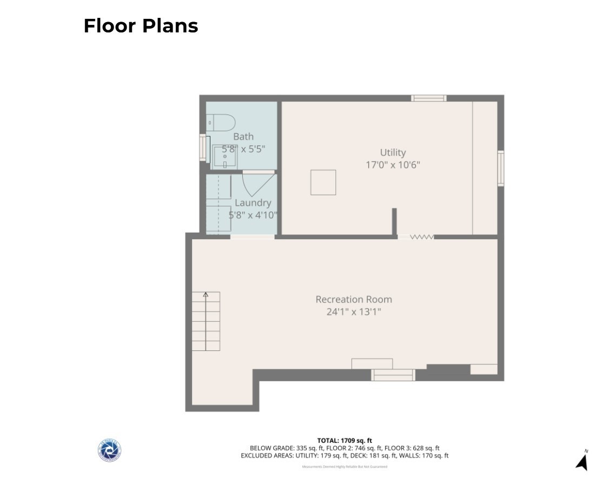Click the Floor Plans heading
point(141,26)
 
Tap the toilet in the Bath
point(222,122)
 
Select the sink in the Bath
point(224,156)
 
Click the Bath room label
point(243,137)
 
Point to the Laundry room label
point(253,203)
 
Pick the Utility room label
point(393,153)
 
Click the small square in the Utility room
point(323,182)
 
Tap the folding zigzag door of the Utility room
point(421,236)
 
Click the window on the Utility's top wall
point(428,98)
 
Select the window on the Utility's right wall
point(501,168)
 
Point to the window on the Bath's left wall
point(204,148)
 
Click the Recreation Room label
point(354,299)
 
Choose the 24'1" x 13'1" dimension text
point(354,312)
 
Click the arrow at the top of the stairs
point(206,295)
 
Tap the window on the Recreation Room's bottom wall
point(393,375)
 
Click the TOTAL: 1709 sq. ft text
point(344,441)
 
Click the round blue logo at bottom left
point(109,450)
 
